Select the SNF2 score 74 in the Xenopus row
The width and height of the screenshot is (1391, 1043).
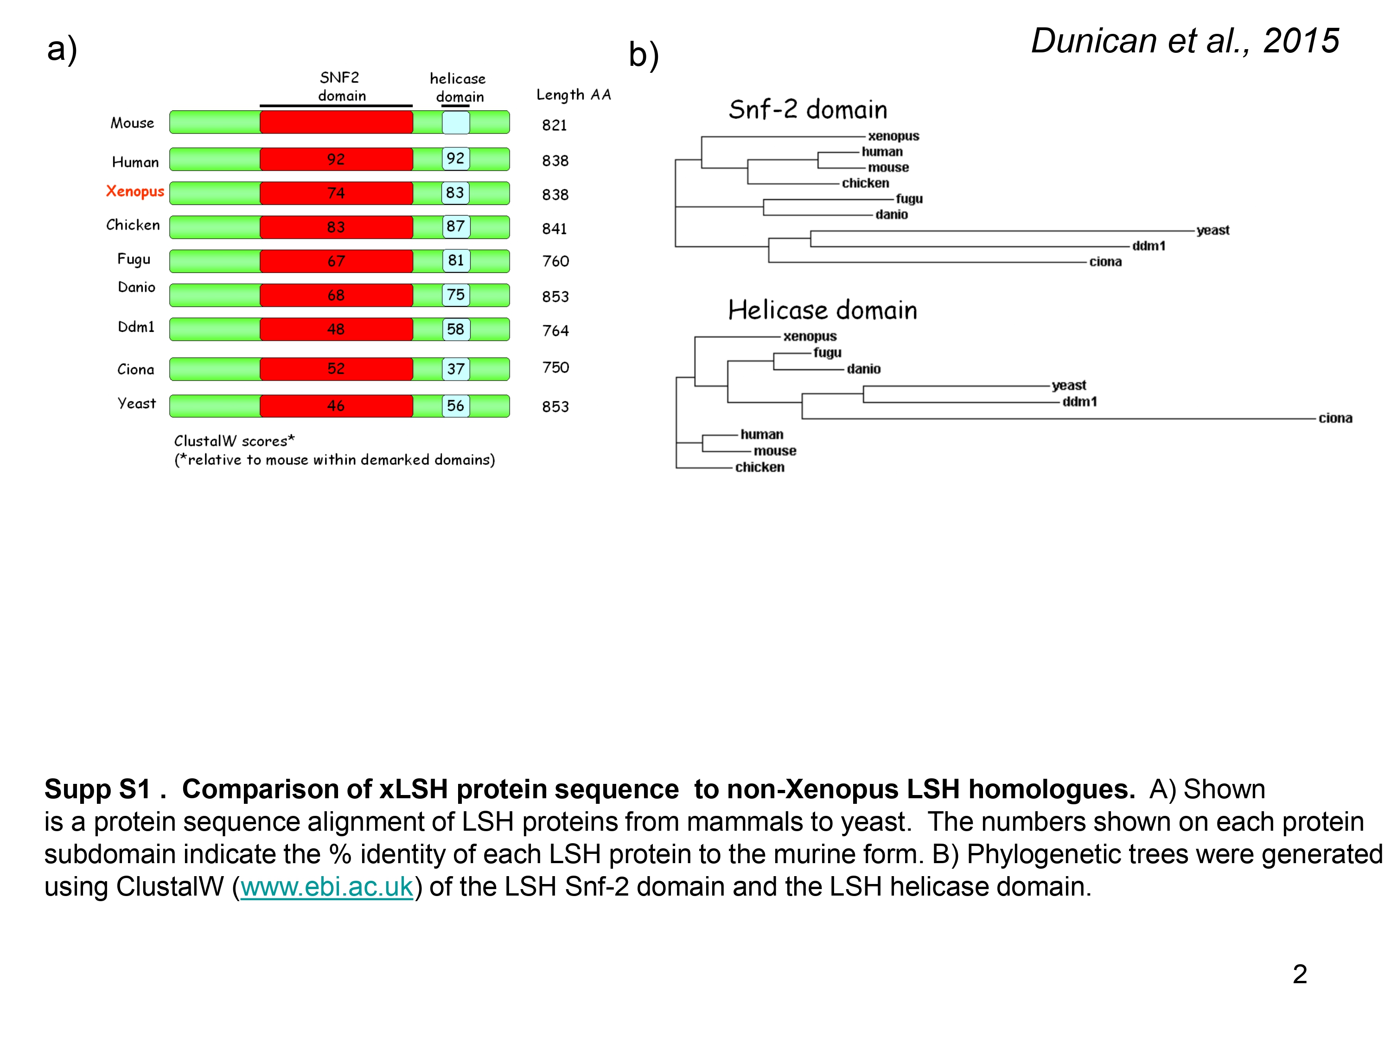[336, 193]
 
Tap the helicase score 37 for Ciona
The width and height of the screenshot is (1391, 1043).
[455, 369]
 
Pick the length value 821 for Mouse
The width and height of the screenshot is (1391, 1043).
[554, 125]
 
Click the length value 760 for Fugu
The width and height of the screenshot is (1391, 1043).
[555, 261]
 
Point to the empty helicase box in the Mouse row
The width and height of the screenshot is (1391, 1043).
[455, 122]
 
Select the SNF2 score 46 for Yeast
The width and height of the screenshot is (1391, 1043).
[336, 406]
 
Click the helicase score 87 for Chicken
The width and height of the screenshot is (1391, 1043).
[455, 226]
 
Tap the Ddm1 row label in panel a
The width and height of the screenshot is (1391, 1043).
[136, 327]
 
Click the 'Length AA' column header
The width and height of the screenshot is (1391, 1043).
[574, 95]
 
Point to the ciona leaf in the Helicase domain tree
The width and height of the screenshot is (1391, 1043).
[1335, 418]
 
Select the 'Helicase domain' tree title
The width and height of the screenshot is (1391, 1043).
[823, 311]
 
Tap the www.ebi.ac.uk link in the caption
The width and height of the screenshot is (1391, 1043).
[326, 886]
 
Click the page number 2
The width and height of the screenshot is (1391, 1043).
[1300, 974]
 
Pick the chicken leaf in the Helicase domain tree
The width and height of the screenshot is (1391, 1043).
[759, 467]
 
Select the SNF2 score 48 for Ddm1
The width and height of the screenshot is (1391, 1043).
[336, 330]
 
